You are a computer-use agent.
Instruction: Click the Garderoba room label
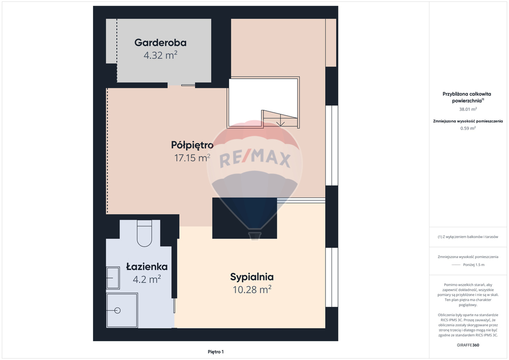point(160,43)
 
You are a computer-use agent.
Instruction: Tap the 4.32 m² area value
point(160,55)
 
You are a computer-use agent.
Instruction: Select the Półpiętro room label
point(192,145)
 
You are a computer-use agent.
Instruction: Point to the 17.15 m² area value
point(192,158)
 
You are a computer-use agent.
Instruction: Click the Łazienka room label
point(146,267)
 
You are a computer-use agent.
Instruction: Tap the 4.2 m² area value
point(146,279)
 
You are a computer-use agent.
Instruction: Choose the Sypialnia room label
point(252,277)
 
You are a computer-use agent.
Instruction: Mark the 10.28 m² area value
point(252,289)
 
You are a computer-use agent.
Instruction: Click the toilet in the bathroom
point(145,234)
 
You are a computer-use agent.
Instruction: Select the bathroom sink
point(113,277)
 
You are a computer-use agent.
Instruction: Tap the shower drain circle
point(118,310)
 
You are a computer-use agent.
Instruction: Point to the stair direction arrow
point(281,120)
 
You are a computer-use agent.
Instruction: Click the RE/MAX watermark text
point(254,159)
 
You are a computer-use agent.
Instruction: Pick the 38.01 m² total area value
point(468,109)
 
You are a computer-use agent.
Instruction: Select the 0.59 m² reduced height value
point(468,128)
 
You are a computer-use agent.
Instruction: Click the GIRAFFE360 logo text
point(468,345)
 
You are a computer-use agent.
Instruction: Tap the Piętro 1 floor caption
point(216,352)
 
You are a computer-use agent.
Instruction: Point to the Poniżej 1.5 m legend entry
point(474,265)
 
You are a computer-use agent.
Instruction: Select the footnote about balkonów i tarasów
point(468,237)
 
